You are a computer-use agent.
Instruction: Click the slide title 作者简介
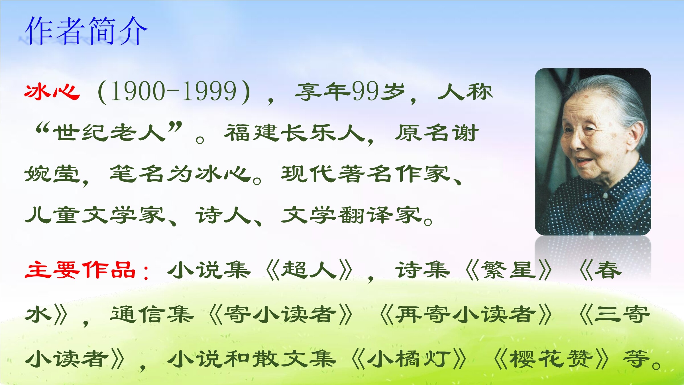coord(86,31)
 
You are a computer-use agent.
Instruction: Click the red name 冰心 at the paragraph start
coord(52,92)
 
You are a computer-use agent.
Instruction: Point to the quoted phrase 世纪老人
coord(109,133)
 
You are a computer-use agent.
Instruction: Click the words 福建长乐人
coord(295,133)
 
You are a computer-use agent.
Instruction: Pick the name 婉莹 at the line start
coord(52,174)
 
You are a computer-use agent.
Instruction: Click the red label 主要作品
coord(80,269)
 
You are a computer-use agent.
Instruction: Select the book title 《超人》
coord(309,270)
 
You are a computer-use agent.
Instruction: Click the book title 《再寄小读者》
coord(466,315)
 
